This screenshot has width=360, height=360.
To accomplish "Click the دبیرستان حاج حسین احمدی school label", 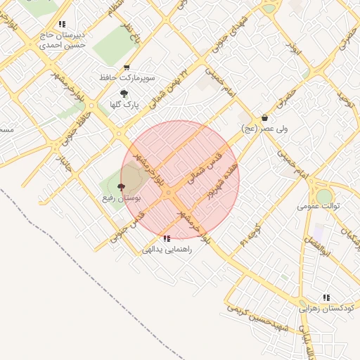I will click(62, 39).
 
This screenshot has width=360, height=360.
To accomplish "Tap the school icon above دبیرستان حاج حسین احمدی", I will click(63, 24).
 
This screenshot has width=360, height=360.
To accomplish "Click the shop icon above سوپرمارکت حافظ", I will click(127, 68).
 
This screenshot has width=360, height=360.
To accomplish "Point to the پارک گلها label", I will click(124, 105).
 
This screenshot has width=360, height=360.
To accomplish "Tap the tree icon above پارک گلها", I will click(124, 94).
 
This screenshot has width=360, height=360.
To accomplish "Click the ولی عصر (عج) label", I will click(264, 129).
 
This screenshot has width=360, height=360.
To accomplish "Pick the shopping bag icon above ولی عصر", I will click(264, 118).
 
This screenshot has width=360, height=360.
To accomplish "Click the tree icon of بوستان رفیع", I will click(121, 187).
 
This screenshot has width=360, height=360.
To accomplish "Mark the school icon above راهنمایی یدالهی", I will click(167, 238).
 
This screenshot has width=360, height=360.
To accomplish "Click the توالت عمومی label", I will click(319, 206).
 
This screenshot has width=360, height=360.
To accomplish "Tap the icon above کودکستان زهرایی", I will click(326, 297).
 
